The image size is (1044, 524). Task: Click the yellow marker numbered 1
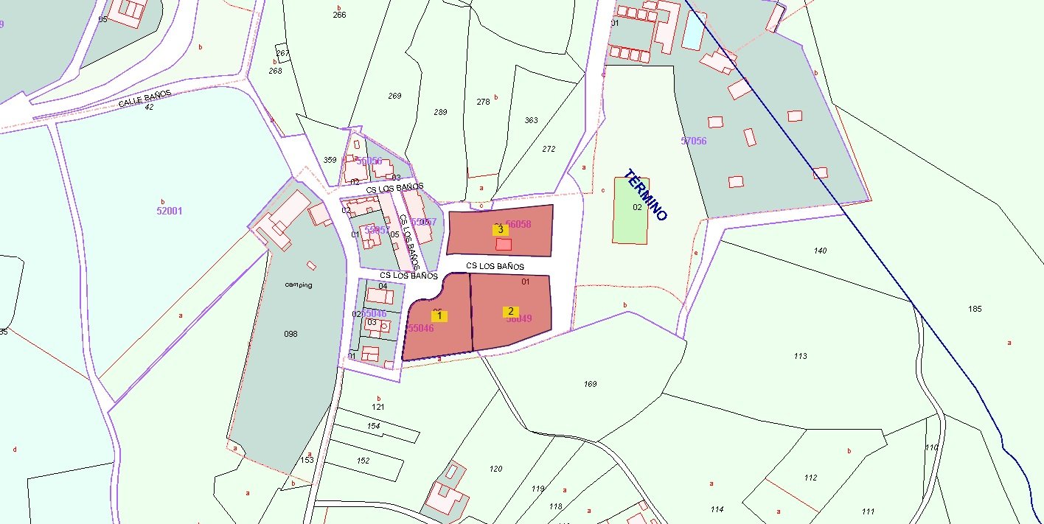(x=439, y=315)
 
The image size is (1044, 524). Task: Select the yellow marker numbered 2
(x=510, y=312)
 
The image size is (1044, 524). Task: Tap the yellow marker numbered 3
(x=501, y=229)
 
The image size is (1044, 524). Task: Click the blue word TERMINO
(x=645, y=196)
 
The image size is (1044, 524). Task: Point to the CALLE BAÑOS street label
(x=145, y=99)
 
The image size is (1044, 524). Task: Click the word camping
(x=298, y=285)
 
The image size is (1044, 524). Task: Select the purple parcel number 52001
(x=170, y=211)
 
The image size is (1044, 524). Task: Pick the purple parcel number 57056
(x=694, y=141)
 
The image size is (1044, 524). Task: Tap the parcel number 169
(x=590, y=384)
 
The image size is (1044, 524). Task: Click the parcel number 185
(x=975, y=309)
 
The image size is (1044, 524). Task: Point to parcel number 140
(x=820, y=251)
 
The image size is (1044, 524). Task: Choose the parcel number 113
(x=801, y=356)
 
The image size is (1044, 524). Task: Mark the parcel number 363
(x=531, y=120)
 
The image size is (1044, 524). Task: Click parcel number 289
(x=440, y=112)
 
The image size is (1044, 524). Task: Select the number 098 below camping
(x=290, y=334)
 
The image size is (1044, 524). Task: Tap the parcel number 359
(x=330, y=160)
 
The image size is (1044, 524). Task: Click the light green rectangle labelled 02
(x=632, y=210)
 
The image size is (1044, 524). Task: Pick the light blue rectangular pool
(x=693, y=30)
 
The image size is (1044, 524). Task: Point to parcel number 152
(x=363, y=461)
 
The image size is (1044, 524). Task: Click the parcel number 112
(x=811, y=478)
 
